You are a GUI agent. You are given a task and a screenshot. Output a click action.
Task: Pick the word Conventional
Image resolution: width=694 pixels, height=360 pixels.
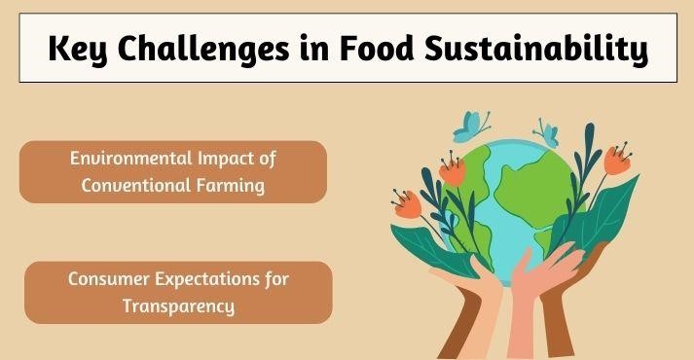pos(129,186)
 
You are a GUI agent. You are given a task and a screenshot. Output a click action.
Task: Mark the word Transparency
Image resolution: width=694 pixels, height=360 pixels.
pos(178,305)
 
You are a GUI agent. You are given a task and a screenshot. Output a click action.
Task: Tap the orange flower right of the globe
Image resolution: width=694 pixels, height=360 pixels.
pos(616,160)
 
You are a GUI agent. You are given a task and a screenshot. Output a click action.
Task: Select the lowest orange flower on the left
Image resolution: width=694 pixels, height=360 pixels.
pos(407,205)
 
